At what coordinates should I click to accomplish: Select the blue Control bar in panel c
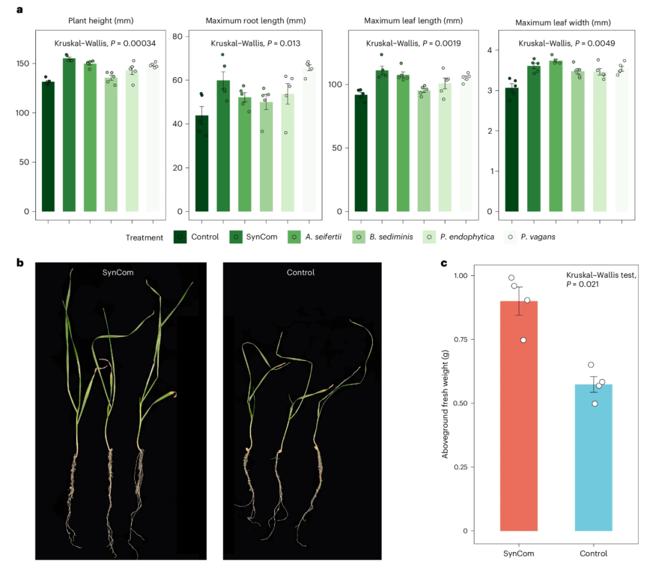pos(593,457)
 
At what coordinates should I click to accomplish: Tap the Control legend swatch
pos(180,237)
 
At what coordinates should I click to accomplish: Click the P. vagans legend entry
pos(530,237)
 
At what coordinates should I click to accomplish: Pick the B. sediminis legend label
pos(391,236)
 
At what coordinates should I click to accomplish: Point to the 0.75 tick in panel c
pos(461,339)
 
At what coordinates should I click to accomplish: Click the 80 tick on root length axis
pos(177,37)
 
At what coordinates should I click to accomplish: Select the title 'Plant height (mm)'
pos(101,20)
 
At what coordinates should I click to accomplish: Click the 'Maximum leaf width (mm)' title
pos(563,23)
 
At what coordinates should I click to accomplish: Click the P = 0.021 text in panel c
pos(582,284)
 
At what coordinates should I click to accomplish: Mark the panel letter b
pos(20,262)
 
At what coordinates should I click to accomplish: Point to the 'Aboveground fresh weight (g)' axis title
pos(445,404)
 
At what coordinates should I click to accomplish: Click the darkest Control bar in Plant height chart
pos(49,147)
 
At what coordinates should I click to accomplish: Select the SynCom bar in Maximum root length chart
pos(223,146)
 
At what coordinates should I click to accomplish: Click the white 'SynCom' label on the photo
pos(118,272)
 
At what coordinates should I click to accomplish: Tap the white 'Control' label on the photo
pos(301,272)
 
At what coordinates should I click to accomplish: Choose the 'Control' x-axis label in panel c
pos(593,553)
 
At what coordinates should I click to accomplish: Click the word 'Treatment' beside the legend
pos(144,238)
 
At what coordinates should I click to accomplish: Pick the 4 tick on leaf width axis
pos(490,50)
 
